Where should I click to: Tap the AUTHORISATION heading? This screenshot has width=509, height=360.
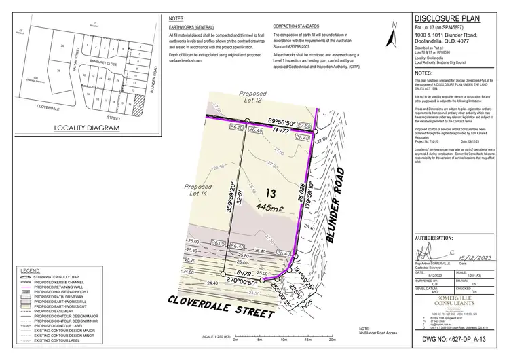pos(434,239)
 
